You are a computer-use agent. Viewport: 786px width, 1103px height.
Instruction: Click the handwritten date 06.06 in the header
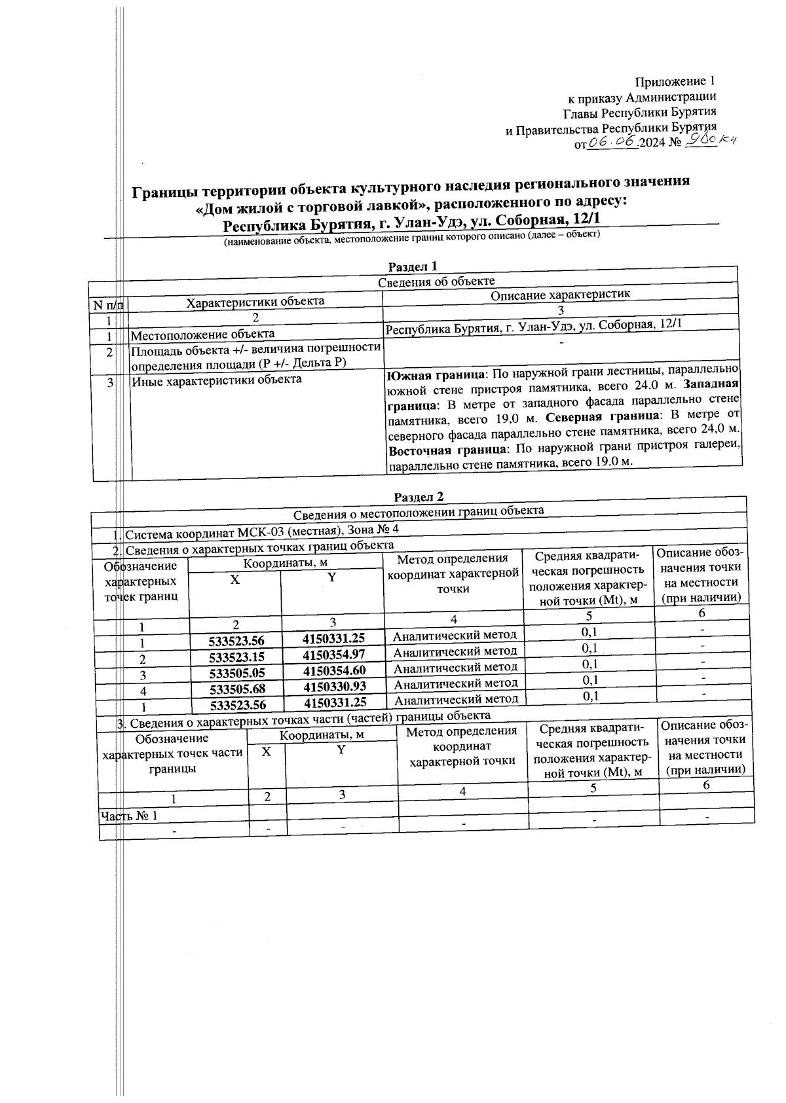pos(613,143)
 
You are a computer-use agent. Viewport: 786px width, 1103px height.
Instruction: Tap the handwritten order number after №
pos(709,141)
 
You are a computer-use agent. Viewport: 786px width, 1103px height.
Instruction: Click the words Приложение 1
pos(675,82)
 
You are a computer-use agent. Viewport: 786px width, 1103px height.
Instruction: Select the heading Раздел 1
pos(412,266)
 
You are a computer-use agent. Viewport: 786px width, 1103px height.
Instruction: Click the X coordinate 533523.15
pos(236,657)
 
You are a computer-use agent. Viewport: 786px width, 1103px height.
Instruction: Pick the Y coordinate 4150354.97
pos(334,655)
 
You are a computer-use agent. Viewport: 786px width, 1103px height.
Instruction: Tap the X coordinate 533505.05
pos(236,672)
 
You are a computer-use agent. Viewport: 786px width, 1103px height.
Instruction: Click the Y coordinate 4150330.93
pos(335,686)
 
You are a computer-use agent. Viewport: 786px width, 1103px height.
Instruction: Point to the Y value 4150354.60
pos(335,670)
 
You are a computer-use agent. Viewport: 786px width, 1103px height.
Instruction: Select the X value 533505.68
pos(237,688)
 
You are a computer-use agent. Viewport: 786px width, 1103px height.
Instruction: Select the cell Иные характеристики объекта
pos(216,379)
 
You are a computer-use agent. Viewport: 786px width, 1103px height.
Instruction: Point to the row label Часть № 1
pos(129,816)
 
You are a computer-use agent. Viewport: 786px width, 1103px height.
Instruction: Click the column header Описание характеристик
pos(560,295)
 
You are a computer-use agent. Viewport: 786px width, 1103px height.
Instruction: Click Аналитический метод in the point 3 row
pos(455,667)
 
